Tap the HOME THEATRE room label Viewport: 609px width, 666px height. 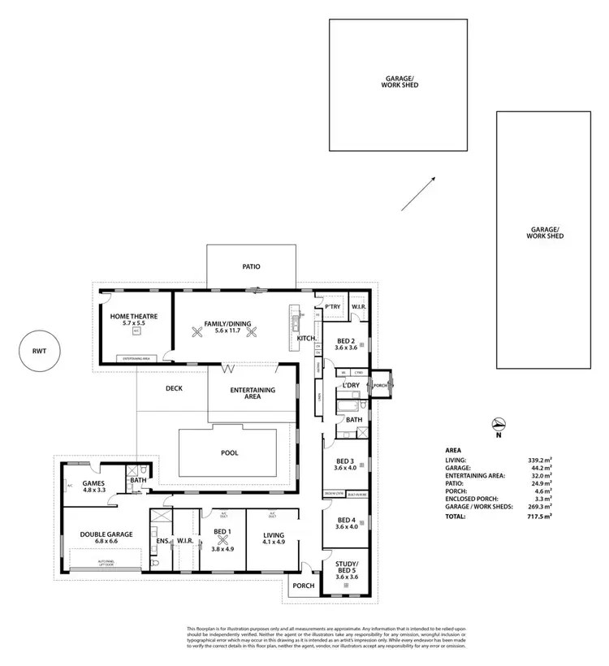pyautogui.click(x=134, y=316)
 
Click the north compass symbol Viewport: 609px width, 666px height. pyautogui.click(x=501, y=423)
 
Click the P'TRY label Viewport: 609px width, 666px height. pyautogui.click(x=332, y=307)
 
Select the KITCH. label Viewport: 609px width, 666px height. pyautogui.click(x=307, y=337)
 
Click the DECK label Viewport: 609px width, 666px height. pyautogui.click(x=174, y=388)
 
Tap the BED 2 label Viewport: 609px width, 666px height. pyautogui.click(x=346, y=340)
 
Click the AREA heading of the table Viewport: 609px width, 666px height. pyautogui.click(x=454, y=449)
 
